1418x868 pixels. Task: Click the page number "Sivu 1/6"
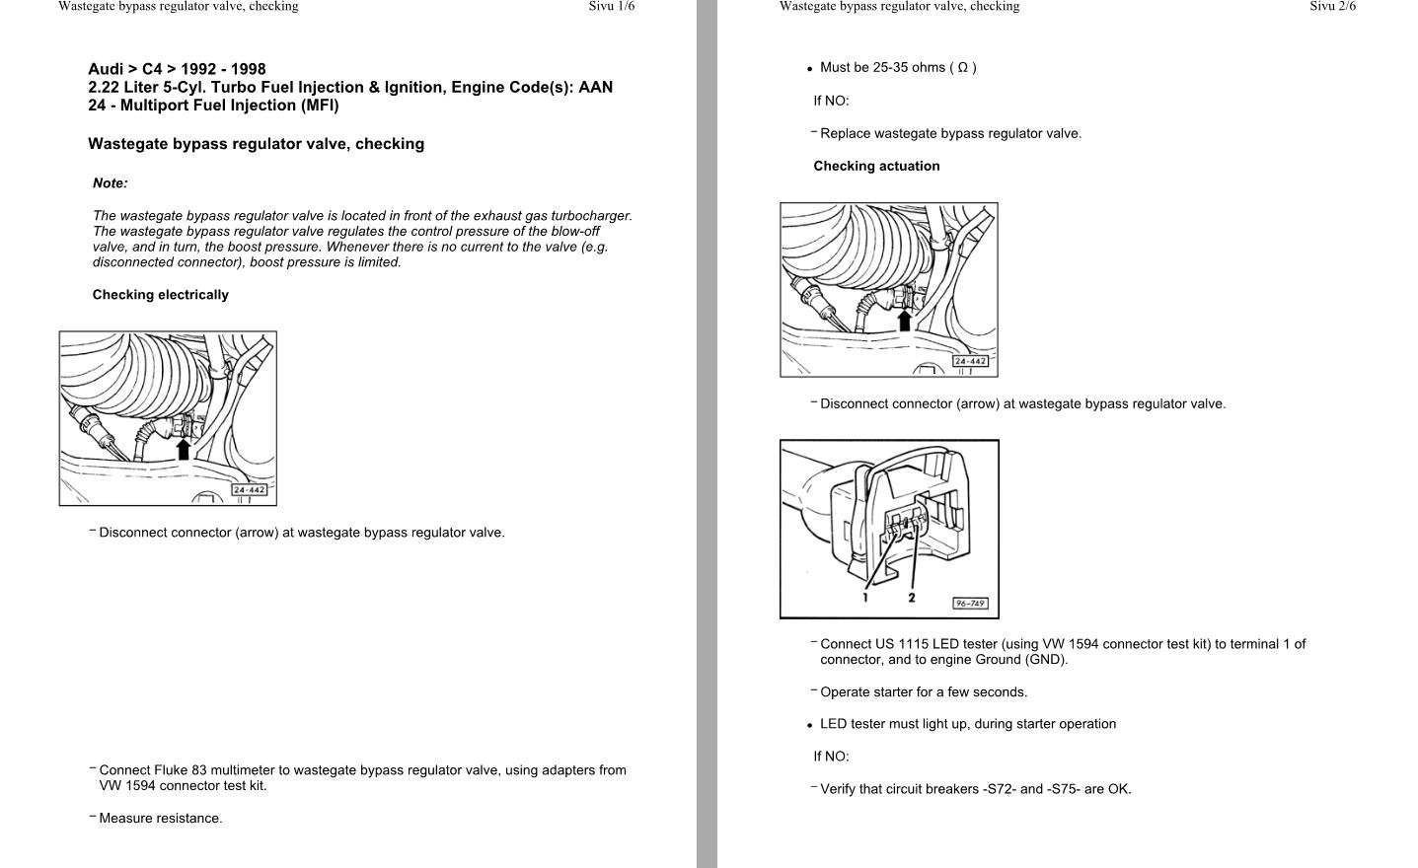click(x=612, y=6)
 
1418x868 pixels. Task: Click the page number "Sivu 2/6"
click(x=1332, y=6)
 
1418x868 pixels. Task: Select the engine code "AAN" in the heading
click(x=596, y=87)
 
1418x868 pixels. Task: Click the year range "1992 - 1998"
click(x=223, y=69)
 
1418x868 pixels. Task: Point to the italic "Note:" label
click(x=111, y=183)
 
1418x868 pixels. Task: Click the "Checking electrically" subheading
click(x=160, y=295)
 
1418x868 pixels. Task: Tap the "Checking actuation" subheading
click(x=876, y=167)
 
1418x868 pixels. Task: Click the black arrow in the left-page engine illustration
click(x=183, y=449)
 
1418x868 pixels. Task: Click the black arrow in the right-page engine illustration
click(x=904, y=320)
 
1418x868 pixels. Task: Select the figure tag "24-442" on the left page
click(x=250, y=490)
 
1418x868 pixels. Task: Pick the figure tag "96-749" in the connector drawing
click(x=970, y=603)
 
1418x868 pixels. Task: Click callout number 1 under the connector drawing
click(x=865, y=597)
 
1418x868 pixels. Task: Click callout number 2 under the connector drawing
click(x=912, y=597)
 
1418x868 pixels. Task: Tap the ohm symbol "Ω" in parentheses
click(x=962, y=68)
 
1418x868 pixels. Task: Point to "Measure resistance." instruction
click(x=161, y=819)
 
